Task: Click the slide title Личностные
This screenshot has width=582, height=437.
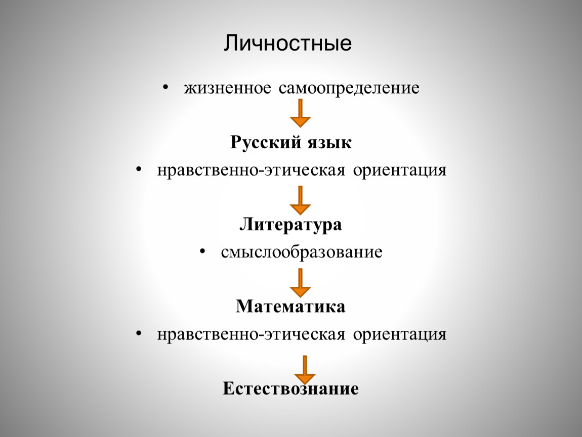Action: [x=287, y=43]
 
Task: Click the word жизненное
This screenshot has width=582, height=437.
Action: [x=228, y=89]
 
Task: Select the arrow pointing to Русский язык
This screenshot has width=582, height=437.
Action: [x=300, y=113]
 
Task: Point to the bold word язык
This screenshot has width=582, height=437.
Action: [x=329, y=143]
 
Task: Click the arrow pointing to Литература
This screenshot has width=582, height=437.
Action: [x=300, y=200]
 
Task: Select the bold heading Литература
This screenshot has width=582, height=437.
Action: [x=290, y=225]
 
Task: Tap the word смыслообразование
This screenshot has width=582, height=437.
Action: [x=302, y=252]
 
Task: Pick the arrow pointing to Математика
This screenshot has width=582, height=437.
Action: [x=300, y=283]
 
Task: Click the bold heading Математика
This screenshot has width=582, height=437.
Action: [x=290, y=307]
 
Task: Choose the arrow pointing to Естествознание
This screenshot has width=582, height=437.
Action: [x=305, y=370]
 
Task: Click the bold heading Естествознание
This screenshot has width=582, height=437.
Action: [x=290, y=389]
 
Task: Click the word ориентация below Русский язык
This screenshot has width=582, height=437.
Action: [x=400, y=171]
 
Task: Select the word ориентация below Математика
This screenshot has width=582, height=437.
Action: [x=400, y=335]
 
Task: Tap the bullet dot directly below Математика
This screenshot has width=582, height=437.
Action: [x=139, y=334]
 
